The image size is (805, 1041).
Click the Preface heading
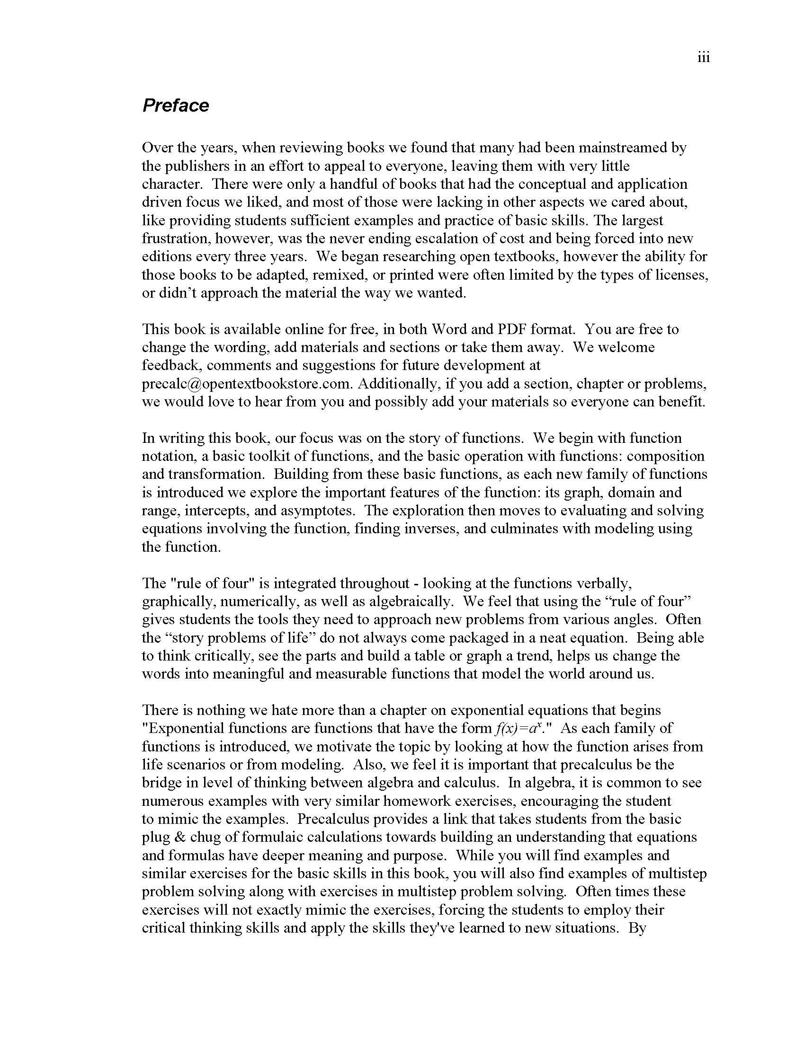click(176, 106)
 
